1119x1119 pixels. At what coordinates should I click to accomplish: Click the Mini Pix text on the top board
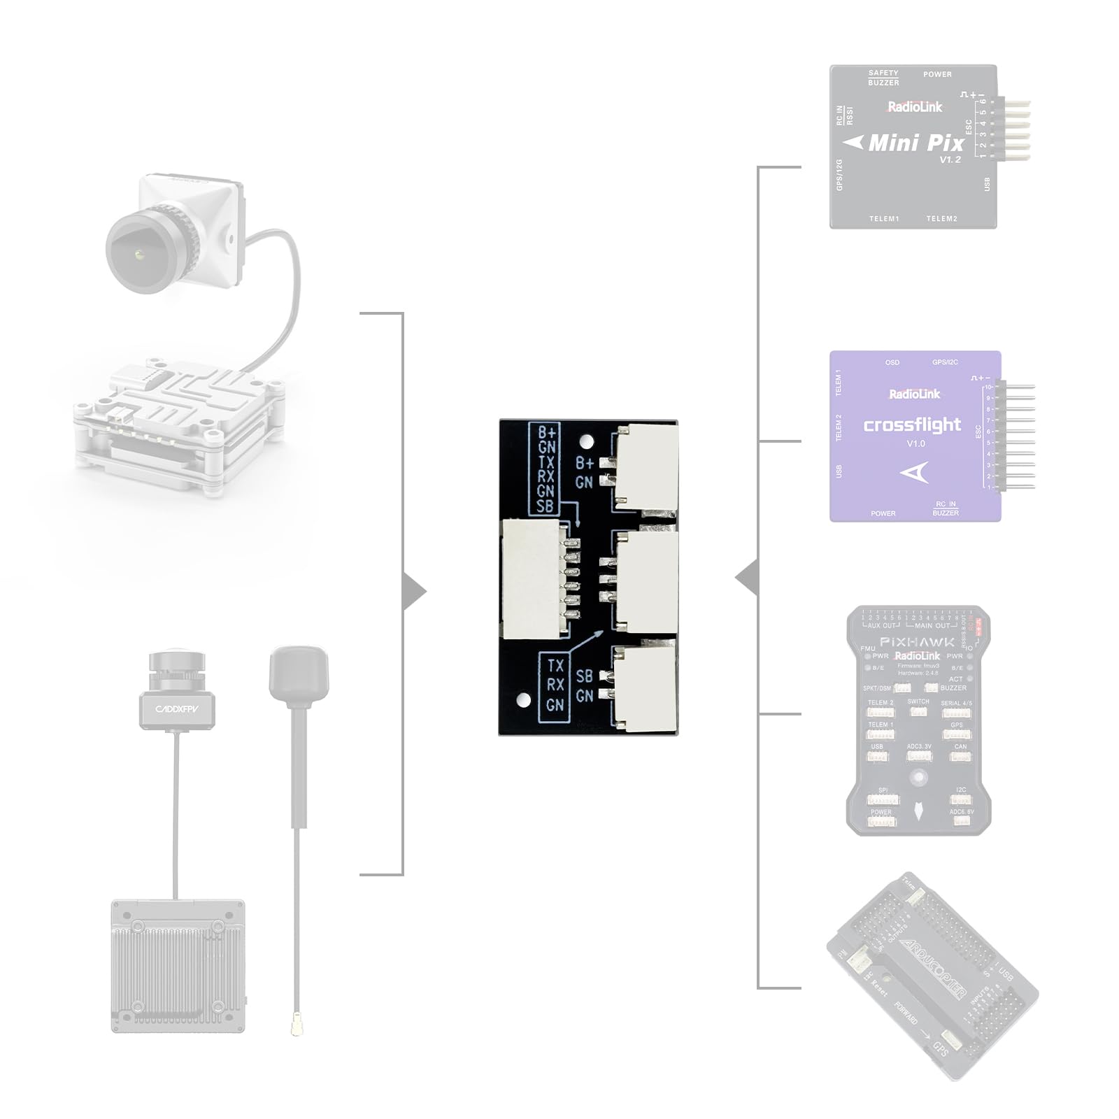[916, 143]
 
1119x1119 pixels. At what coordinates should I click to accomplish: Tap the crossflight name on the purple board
[912, 425]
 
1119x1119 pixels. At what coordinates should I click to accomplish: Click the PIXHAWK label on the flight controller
[916, 641]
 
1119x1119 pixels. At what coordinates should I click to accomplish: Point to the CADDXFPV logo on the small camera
[176, 709]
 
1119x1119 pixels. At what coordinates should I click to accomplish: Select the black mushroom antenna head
[299, 673]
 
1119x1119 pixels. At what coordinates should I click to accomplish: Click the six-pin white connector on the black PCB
[531, 578]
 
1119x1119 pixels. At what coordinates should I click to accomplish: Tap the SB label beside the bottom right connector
[584, 676]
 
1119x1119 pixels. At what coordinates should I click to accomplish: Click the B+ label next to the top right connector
[584, 463]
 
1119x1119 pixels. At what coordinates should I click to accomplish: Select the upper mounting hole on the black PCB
[587, 441]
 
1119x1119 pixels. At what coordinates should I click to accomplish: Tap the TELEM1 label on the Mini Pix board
[884, 219]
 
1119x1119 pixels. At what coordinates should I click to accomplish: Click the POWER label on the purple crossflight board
[883, 513]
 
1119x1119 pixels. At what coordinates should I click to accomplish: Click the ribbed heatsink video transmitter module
[178, 965]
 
